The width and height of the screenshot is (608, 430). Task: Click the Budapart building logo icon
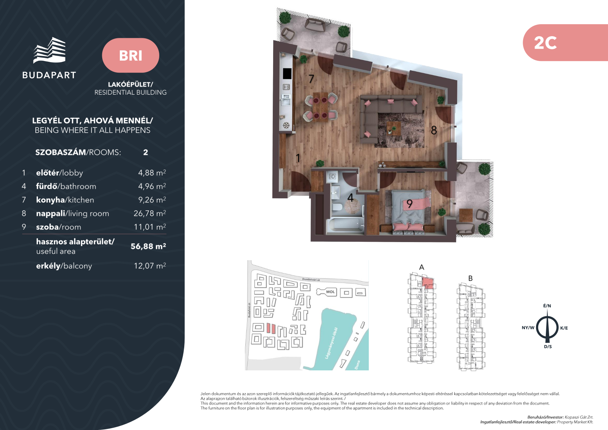(49, 50)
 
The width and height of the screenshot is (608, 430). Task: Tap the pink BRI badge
(130, 55)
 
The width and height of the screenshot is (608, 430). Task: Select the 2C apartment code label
(545, 43)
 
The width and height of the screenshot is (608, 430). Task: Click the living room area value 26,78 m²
(150, 213)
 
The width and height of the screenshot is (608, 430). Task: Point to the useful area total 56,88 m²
(148, 246)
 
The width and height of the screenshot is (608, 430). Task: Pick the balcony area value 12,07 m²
(150, 266)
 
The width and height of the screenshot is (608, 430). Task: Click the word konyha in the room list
(50, 200)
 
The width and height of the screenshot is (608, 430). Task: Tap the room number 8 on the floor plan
(434, 130)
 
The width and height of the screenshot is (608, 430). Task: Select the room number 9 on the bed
(410, 203)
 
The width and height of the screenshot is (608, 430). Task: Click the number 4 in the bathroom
(350, 198)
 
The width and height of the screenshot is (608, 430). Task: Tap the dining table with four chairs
(320, 108)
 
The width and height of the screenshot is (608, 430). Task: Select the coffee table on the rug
(393, 129)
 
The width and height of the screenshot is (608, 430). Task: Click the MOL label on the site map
(330, 292)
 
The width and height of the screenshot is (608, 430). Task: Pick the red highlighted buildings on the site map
(271, 328)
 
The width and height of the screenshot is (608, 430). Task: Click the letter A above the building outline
(422, 267)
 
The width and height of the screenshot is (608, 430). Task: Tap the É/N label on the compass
(547, 306)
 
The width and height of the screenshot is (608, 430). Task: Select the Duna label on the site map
(358, 365)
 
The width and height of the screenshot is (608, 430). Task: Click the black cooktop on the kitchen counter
(287, 74)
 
